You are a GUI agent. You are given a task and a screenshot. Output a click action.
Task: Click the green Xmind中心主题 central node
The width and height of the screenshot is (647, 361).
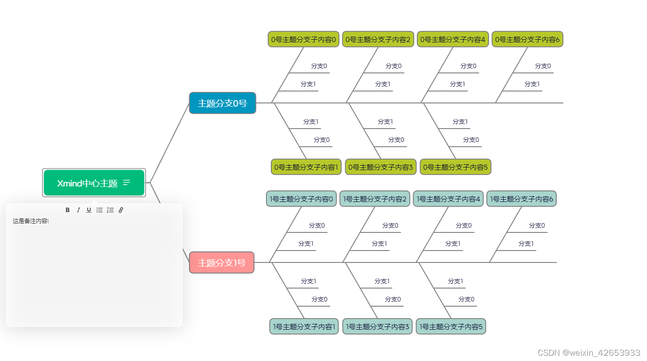coord(87,183)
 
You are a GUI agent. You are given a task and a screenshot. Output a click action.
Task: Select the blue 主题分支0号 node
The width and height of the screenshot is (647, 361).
coord(222,103)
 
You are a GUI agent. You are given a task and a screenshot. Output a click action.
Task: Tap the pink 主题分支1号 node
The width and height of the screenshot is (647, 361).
coord(222,263)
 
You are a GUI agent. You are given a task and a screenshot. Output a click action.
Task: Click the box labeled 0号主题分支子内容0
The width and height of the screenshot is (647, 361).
coord(304,39)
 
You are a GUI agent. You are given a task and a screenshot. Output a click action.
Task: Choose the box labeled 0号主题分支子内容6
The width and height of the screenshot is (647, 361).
coord(527,39)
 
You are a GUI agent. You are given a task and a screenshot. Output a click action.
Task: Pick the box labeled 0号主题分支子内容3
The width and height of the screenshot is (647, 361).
coord(381,167)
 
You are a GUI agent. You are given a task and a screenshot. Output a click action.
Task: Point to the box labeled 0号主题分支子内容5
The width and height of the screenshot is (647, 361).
coord(455,167)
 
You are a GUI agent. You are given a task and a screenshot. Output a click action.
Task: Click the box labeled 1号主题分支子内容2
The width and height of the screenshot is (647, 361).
coord(375,199)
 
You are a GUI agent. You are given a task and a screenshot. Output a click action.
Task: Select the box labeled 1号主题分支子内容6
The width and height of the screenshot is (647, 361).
coord(521,199)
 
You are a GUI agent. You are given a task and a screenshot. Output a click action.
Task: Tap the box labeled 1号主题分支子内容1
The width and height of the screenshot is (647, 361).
coord(304,327)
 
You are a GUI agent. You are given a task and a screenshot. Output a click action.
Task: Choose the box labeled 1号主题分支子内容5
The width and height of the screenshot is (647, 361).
coord(451,327)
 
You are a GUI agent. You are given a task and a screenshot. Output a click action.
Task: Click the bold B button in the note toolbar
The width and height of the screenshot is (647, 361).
coord(68,210)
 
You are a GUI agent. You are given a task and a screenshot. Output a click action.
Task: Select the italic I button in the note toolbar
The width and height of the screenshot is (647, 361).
coord(78,210)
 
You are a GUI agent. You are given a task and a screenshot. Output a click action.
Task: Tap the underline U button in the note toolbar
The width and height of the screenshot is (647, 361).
coord(89,210)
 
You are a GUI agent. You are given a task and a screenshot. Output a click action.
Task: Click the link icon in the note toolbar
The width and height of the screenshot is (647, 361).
coord(121,210)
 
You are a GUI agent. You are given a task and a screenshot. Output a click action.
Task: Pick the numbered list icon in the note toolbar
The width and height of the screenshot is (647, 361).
coord(110,210)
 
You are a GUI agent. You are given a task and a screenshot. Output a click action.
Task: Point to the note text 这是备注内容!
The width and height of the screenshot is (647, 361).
coord(31,221)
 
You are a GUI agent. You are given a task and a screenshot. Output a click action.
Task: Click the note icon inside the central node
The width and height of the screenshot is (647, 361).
coord(127,182)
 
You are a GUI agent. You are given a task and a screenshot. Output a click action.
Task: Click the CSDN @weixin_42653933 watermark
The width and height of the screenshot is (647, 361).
coord(589,353)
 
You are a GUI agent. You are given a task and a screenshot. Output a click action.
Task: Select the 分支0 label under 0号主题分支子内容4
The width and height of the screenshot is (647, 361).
coord(468,66)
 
